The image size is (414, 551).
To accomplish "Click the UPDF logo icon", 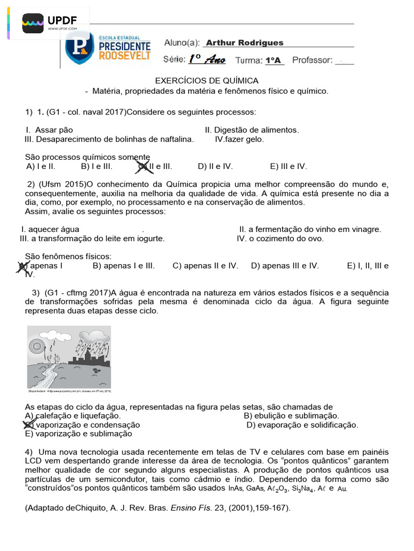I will pos(33,23).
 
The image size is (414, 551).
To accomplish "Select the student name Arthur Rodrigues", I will pos(244,43).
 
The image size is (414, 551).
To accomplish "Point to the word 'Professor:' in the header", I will pos(312,60).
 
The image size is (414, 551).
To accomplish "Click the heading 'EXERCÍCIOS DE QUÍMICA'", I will pos(207,81).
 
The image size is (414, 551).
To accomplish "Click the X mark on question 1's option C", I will pos(143,167).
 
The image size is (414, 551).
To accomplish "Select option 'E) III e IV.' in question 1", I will pos(288,166).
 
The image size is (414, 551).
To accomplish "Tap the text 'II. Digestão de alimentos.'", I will pos(252,130).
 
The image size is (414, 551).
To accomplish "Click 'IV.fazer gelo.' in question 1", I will pos(239,139).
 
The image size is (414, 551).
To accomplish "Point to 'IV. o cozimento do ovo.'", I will pos(280,238).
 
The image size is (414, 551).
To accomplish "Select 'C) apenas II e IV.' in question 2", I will pos(205,266).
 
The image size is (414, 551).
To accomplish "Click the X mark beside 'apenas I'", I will pos(23,266).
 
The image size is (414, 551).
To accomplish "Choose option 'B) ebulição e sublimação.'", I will pos(292,416).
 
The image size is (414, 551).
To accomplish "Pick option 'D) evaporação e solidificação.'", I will pos(302,425).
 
